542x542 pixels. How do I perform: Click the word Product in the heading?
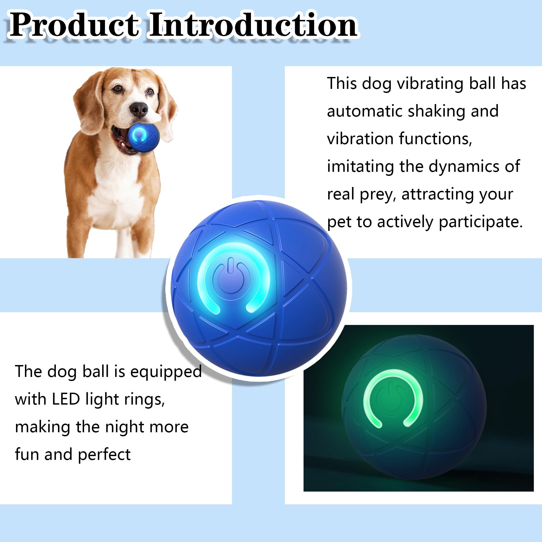(x=74, y=26)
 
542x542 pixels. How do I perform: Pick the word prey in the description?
(x=378, y=195)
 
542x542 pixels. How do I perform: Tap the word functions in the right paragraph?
(x=435, y=139)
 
